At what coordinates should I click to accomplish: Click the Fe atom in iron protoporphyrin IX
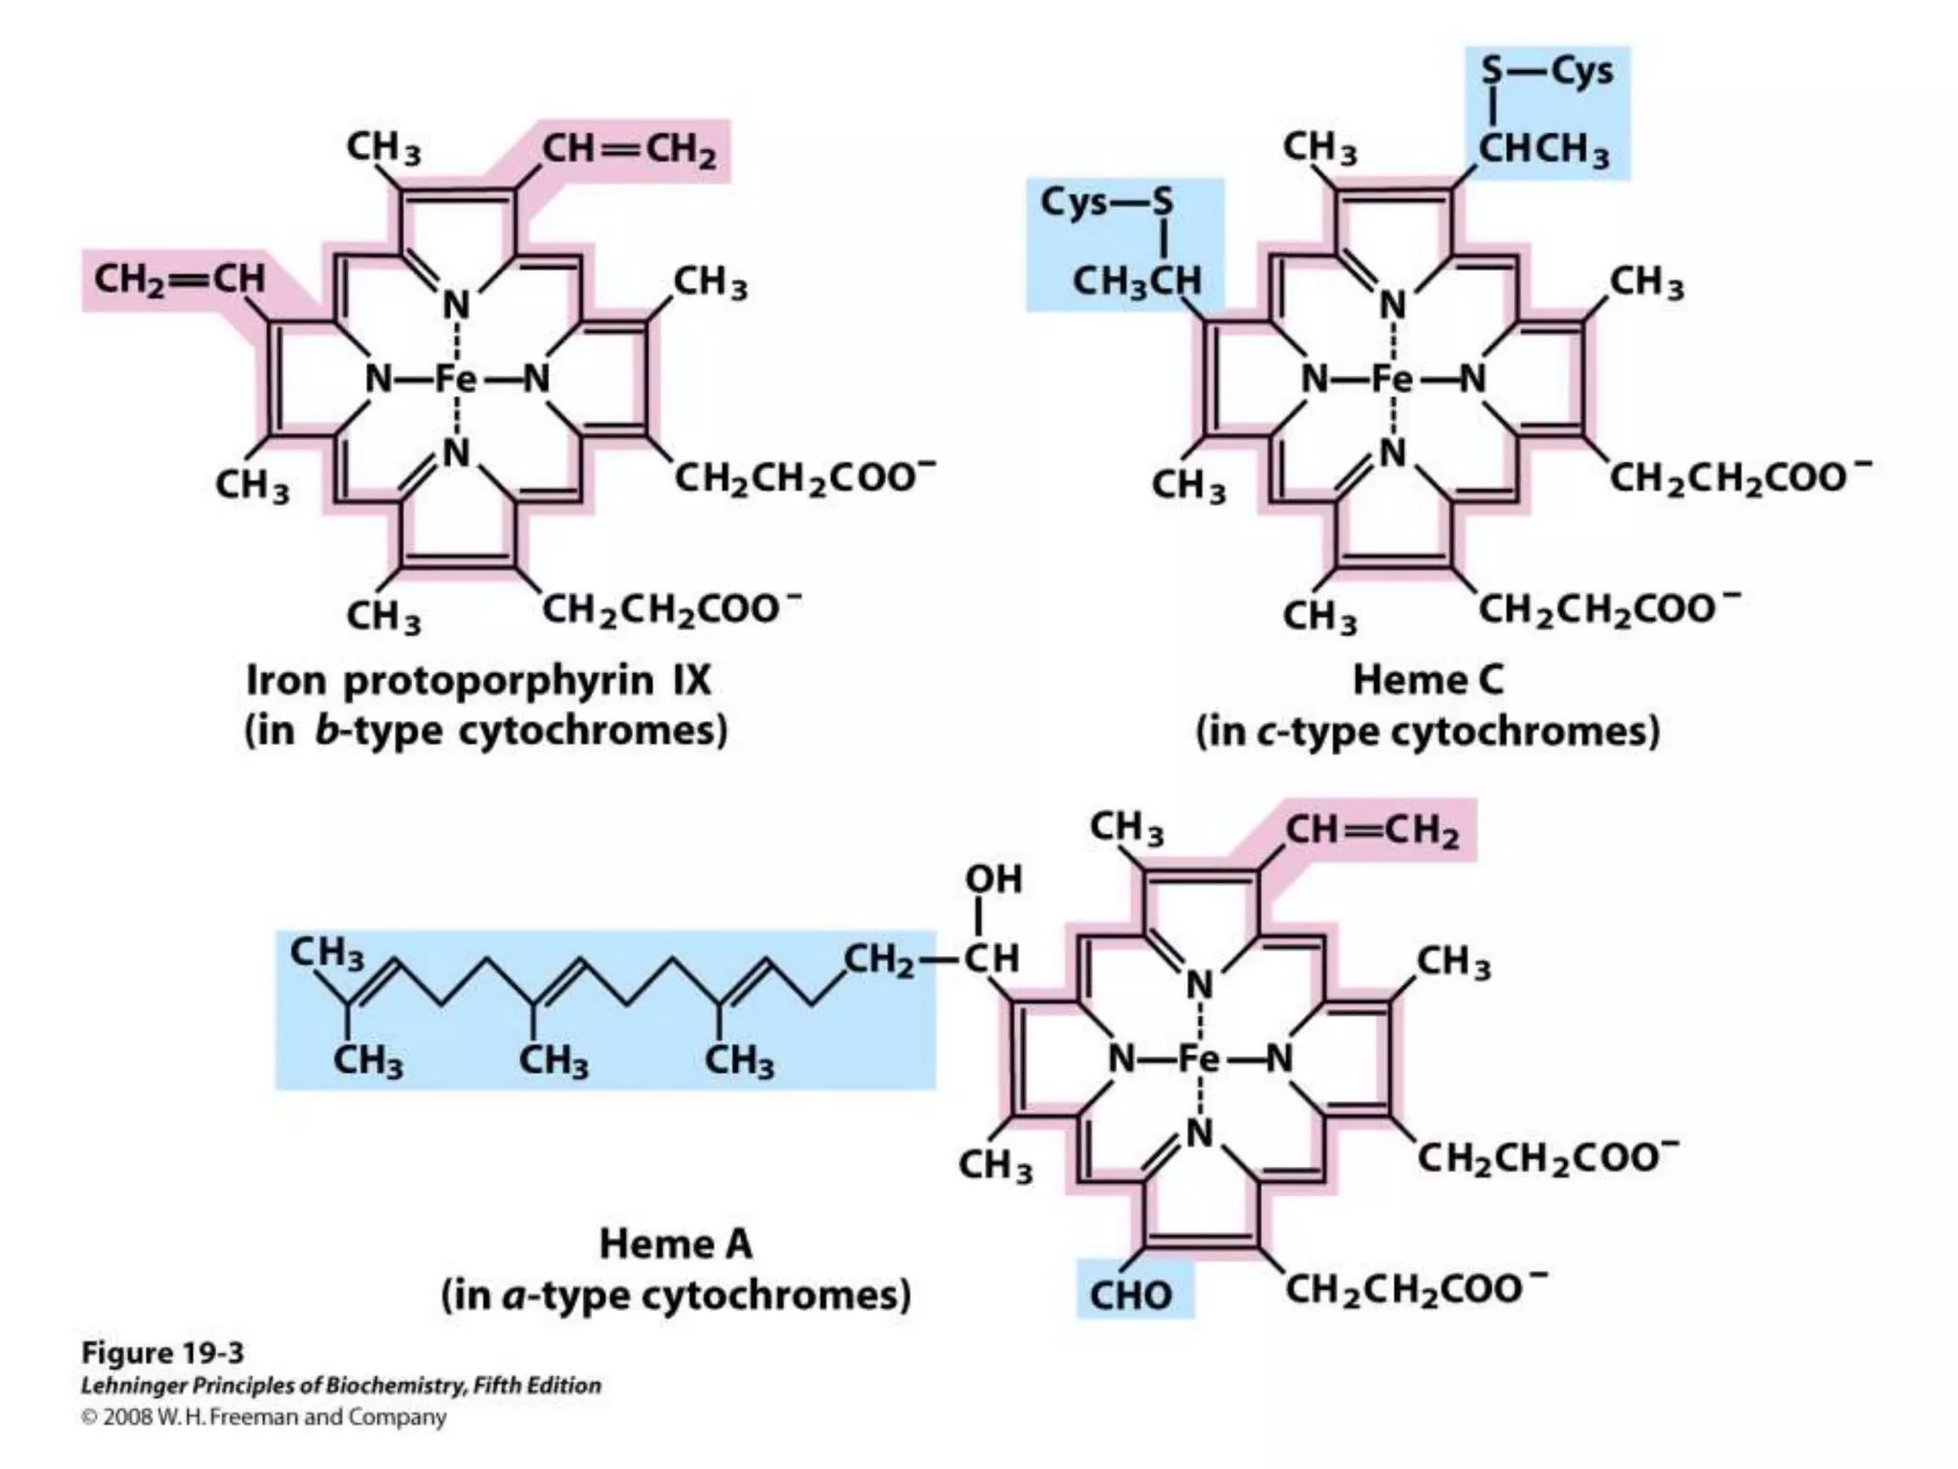pos(455,380)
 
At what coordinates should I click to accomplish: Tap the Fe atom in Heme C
pos(1392,380)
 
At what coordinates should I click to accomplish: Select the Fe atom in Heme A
pos(1198,1059)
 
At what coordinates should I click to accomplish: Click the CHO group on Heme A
pos(1131,1295)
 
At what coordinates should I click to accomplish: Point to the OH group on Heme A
pos(993,879)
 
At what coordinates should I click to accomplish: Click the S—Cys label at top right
pos(1547,71)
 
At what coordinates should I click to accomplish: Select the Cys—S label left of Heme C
pos(1106,202)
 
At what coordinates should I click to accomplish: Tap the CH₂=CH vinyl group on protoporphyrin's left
pos(179,279)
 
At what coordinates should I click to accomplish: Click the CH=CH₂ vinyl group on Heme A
pos(1373,832)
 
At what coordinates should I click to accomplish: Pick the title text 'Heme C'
pos(1427,680)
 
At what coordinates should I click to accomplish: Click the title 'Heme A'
pos(675,1244)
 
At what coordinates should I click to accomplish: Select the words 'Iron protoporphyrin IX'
pos(478,681)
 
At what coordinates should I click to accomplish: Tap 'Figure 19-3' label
pos(163,1352)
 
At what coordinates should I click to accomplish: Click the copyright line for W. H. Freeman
pos(264,1417)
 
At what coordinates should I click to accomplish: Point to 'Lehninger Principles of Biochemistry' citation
pos(341,1386)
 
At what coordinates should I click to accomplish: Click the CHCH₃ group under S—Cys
pos(1544,150)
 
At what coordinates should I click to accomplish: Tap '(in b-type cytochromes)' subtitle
pos(486,732)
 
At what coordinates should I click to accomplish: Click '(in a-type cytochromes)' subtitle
pos(675,1296)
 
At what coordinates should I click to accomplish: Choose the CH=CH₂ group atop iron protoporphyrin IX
pos(629,151)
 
